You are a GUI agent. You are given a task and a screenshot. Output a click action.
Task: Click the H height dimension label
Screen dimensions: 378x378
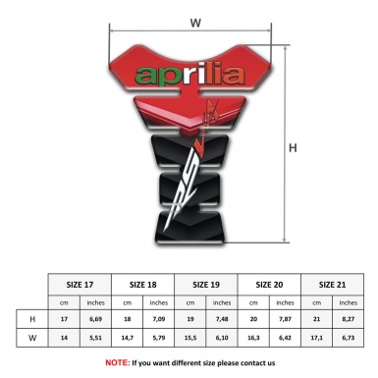[293, 148]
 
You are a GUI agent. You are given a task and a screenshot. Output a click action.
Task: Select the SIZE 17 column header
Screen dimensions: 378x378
[80, 284]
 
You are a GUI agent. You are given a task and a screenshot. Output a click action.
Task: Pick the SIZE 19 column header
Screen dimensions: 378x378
[206, 284]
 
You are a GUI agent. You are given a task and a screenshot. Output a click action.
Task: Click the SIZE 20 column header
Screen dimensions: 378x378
[269, 284]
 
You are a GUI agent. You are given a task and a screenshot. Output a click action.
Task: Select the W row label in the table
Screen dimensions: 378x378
[32, 340]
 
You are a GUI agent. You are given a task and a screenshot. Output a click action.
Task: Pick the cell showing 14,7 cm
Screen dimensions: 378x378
[127, 340]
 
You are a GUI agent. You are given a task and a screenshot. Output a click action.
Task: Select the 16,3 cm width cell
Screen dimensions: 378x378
[253, 340]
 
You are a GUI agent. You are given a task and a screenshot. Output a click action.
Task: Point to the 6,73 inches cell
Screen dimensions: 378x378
[349, 340]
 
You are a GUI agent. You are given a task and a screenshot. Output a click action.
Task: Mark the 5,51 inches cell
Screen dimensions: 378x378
[95, 340]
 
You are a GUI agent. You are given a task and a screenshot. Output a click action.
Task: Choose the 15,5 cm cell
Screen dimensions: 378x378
[190, 340]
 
